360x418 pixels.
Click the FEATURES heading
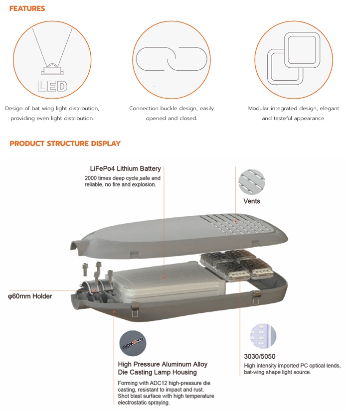tap(27, 8)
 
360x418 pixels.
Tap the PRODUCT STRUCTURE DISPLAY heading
tap(65, 143)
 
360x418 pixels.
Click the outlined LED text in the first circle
tap(52, 86)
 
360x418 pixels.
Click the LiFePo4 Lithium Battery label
tap(125, 168)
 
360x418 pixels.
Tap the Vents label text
tap(252, 201)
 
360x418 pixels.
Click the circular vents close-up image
tap(252, 182)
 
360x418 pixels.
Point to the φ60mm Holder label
tap(30, 296)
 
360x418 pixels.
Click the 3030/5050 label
tap(260, 356)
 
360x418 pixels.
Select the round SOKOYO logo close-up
tap(133, 343)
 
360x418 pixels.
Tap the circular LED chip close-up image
tap(263, 336)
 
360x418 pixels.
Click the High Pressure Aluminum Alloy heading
tap(163, 364)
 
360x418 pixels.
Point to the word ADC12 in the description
tap(159, 383)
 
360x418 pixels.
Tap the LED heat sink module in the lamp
tap(237, 265)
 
